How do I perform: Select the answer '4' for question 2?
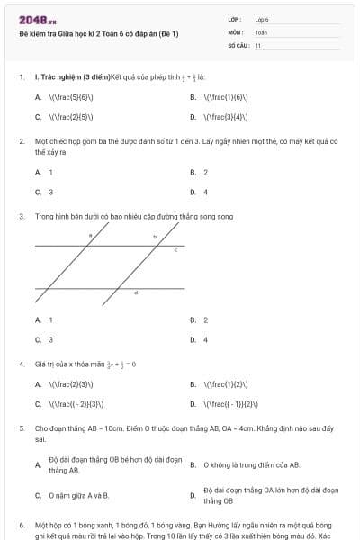click(205, 192)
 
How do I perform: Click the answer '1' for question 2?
click(50, 172)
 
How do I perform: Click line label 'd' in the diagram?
click(136, 293)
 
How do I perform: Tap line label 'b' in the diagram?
click(154, 236)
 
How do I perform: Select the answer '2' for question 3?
click(205, 319)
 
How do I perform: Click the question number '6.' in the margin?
click(21, 523)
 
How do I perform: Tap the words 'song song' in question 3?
click(218, 217)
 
